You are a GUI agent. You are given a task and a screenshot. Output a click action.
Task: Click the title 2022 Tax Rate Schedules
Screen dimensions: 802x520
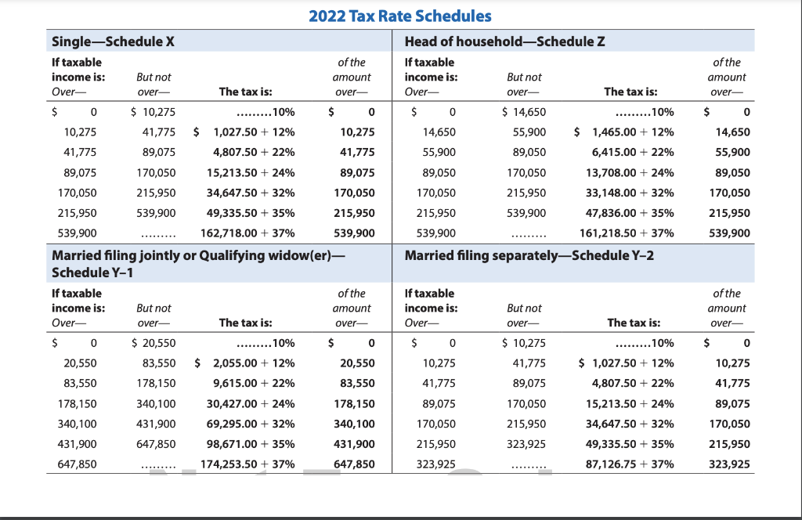point(400,16)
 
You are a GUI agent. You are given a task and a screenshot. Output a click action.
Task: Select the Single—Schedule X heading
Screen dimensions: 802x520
point(112,42)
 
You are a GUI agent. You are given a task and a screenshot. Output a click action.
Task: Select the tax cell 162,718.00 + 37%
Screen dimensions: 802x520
point(248,233)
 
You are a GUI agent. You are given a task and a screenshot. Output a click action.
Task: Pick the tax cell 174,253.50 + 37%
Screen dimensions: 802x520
point(247,464)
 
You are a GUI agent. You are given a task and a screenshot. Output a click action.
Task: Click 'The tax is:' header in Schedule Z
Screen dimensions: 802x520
point(630,92)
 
